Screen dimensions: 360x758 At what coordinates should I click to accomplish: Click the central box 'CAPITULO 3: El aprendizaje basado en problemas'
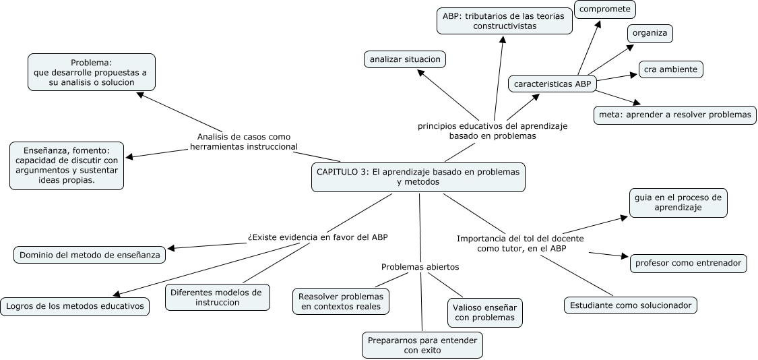click(x=418, y=177)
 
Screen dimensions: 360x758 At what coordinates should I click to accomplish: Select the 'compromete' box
click(x=605, y=9)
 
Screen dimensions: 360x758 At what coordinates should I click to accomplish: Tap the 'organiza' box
click(x=650, y=34)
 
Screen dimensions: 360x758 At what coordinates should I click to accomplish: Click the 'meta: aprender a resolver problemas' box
click(x=674, y=115)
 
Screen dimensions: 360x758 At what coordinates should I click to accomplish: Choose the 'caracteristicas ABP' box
click(x=552, y=84)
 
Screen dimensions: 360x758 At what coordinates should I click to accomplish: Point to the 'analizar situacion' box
click(x=405, y=59)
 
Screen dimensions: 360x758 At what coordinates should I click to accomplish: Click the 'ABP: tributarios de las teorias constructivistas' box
click(x=504, y=20)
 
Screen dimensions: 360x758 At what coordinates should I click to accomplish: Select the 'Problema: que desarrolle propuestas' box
click(x=92, y=72)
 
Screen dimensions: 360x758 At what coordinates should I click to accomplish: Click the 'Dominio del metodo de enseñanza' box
click(x=90, y=255)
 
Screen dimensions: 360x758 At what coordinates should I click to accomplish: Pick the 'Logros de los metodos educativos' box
click(x=75, y=305)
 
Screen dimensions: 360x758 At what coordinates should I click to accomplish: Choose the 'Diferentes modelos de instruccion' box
click(x=217, y=297)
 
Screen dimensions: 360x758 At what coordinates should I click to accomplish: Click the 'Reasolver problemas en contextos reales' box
click(x=341, y=301)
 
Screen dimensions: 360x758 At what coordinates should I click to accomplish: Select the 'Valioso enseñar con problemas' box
click(x=484, y=312)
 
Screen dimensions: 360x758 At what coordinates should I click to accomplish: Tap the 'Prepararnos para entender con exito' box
click(x=422, y=345)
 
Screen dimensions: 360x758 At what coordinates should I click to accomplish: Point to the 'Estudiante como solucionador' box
click(x=630, y=305)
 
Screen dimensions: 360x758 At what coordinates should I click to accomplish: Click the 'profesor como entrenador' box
click(x=688, y=262)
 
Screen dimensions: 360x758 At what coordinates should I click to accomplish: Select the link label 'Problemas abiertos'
click(x=420, y=267)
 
